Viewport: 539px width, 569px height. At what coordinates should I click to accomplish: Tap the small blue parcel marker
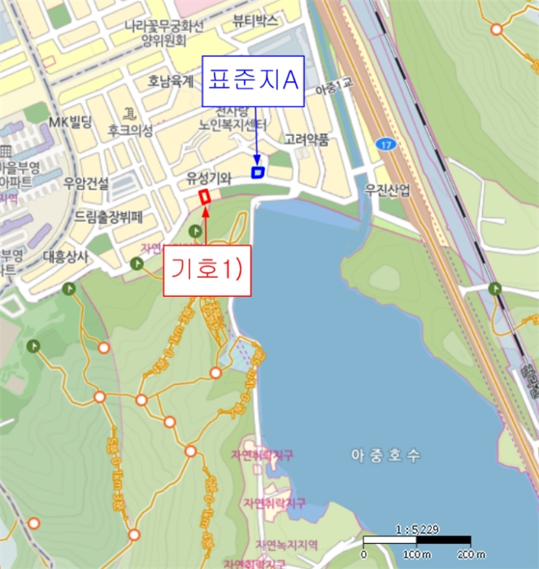[x=259, y=172]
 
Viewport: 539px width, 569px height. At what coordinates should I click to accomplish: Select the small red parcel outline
[x=204, y=197]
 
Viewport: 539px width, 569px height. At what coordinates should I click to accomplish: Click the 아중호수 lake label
[x=386, y=456]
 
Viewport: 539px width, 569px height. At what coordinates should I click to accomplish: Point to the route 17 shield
[x=385, y=144]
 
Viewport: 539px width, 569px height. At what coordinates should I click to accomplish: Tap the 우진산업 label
[x=388, y=189]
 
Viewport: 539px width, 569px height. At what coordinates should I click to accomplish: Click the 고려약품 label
[x=306, y=140]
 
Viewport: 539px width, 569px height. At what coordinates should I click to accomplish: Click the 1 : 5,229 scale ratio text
[x=415, y=529]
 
